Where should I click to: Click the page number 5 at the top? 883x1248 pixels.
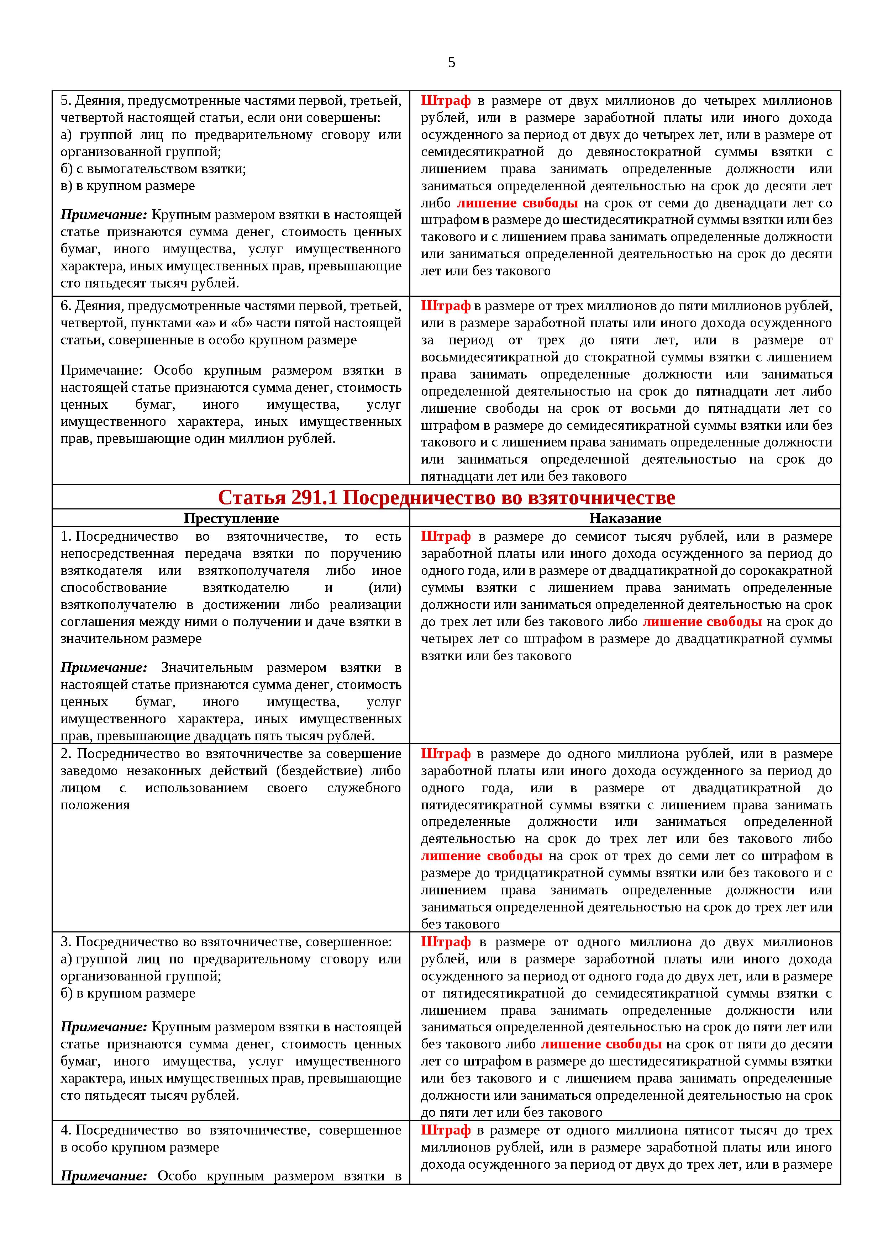click(x=451, y=63)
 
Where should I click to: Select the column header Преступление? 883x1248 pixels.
click(x=231, y=518)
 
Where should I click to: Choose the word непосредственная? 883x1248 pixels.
click(x=117, y=554)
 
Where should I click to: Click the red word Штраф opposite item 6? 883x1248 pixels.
click(x=445, y=306)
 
